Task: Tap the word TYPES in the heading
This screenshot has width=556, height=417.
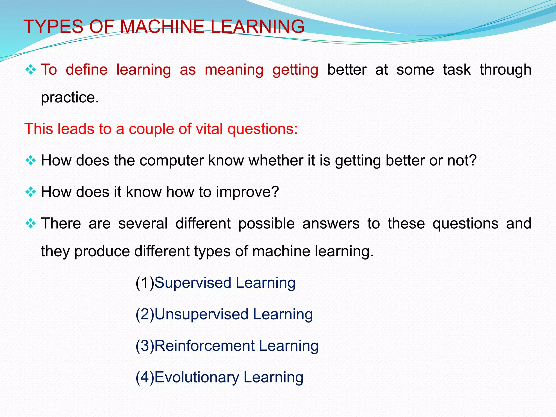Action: (53, 27)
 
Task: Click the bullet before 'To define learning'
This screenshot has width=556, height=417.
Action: (30, 70)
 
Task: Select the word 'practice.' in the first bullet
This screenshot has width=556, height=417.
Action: (70, 97)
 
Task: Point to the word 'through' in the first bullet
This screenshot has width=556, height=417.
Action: (505, 70)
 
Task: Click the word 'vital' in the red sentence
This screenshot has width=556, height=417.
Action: (209, 129)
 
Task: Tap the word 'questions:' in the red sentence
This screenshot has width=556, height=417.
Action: (263, 129)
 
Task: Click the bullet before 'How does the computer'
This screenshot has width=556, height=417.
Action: (30, 160)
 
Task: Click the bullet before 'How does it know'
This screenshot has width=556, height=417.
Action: (30, 192)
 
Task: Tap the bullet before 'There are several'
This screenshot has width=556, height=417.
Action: (30, 224)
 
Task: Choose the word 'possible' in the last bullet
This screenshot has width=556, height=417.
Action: (266, 224)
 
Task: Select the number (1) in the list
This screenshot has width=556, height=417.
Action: (145, 283)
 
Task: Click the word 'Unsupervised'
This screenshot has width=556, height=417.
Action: (201, 314)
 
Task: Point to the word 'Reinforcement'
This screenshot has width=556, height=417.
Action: (205, 346)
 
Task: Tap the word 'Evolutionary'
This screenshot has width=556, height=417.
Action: (197, 377)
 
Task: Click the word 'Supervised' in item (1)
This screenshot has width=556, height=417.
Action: (193, 283)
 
